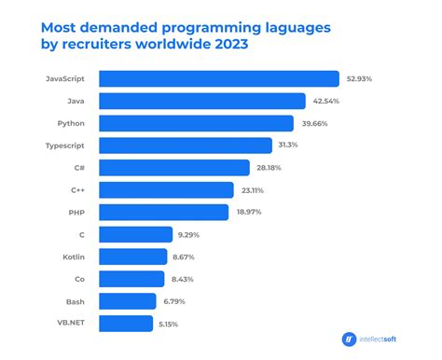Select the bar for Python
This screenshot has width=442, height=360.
[x=195, y=123]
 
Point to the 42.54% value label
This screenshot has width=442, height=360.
[x=325, y=102]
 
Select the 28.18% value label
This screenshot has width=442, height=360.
[x=269, y=168]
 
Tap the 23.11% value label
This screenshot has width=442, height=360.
[x=253, y=190]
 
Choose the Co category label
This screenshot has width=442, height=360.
[x=82, y=278]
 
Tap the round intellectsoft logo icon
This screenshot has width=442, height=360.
[x=349, y=339]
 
